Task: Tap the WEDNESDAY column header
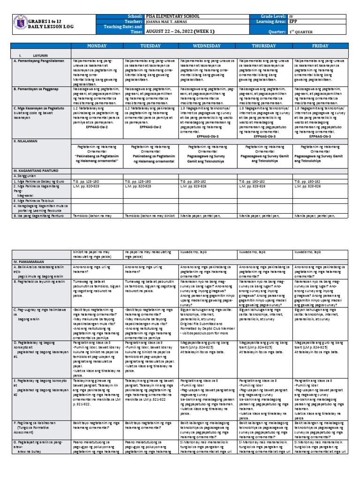click(207, 47)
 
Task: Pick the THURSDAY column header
click(265, 47)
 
